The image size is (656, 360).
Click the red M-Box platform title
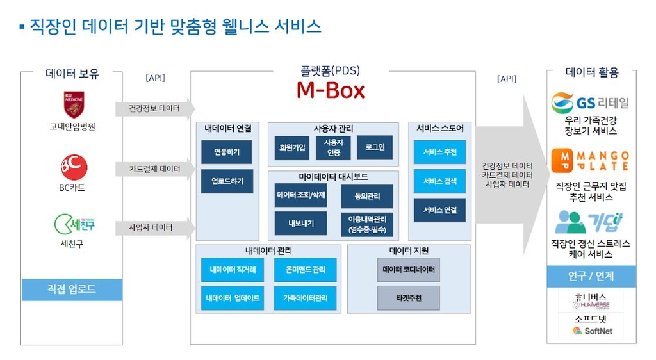(x=330, y=90)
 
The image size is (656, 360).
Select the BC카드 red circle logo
(x=74, y=167)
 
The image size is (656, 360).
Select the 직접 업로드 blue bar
(x=72, y=290)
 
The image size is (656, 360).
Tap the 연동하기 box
(x=226, y=152)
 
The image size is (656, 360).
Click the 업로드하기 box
(x=226, y=181)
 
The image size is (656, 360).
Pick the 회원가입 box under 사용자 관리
(x=292, y=147)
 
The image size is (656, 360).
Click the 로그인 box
(x=374, y=147)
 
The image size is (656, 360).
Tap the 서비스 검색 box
(x=439, y=181)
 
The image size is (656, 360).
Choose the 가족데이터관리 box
(x=300, y=299)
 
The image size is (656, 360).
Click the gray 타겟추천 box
(x=408, y=299)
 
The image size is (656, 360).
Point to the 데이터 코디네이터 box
(x=408, y=270)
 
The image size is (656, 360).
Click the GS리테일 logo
(x=590, y=102)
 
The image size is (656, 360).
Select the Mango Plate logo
(x=590, y=161)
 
